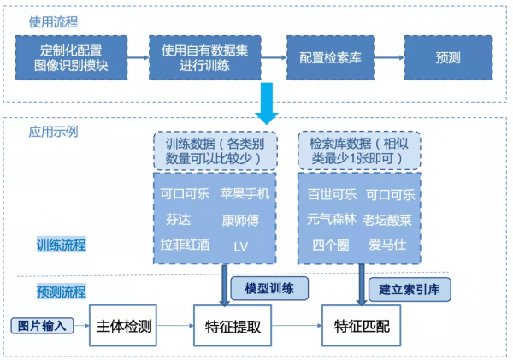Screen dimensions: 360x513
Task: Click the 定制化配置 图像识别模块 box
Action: coord(72,57)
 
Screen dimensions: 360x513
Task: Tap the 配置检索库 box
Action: coord(329,57)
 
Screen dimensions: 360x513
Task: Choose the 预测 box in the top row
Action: coord(448,57)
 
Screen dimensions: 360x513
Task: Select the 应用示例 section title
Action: coord(53,132)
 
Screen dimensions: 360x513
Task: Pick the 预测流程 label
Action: coord(61,292)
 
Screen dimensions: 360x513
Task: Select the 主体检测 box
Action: coord(126,325)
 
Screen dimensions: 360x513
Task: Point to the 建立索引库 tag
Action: coord(410,289)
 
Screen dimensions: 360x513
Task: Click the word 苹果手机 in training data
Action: coord(245,193)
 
